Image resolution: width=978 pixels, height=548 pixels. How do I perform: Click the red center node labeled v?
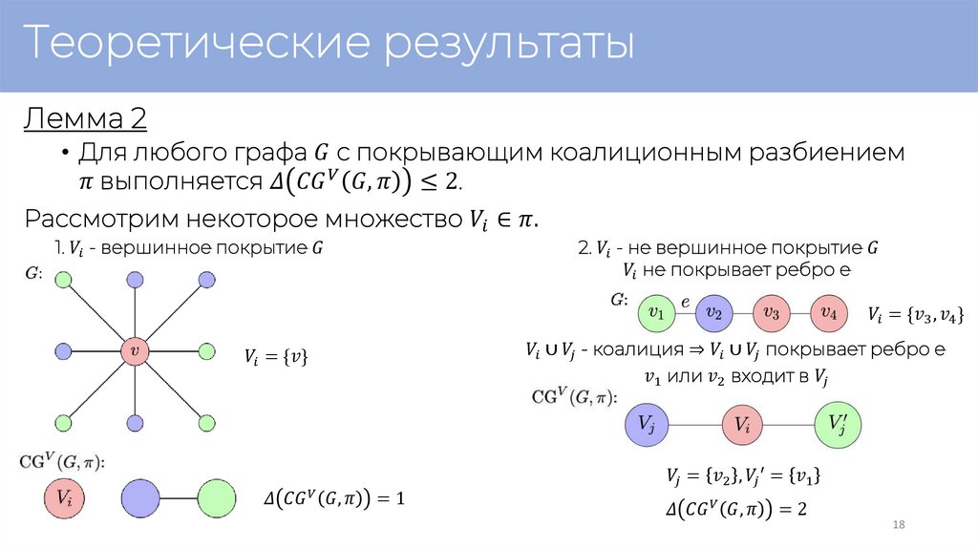135,351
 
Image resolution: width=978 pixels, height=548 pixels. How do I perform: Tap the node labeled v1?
656,311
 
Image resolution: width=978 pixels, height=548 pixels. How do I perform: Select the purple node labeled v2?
713,311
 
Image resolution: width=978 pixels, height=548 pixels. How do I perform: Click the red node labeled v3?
772,311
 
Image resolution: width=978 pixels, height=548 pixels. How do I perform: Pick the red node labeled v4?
829,311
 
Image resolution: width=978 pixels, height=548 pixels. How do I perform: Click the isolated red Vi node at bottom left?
64,497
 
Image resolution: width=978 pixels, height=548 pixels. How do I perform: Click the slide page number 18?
898,526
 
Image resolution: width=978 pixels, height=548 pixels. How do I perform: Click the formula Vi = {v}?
276,358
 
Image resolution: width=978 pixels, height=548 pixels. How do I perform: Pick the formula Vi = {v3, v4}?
915,314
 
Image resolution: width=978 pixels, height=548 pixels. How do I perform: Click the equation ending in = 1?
334,497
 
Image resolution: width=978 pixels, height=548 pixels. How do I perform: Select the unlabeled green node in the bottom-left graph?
217,497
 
